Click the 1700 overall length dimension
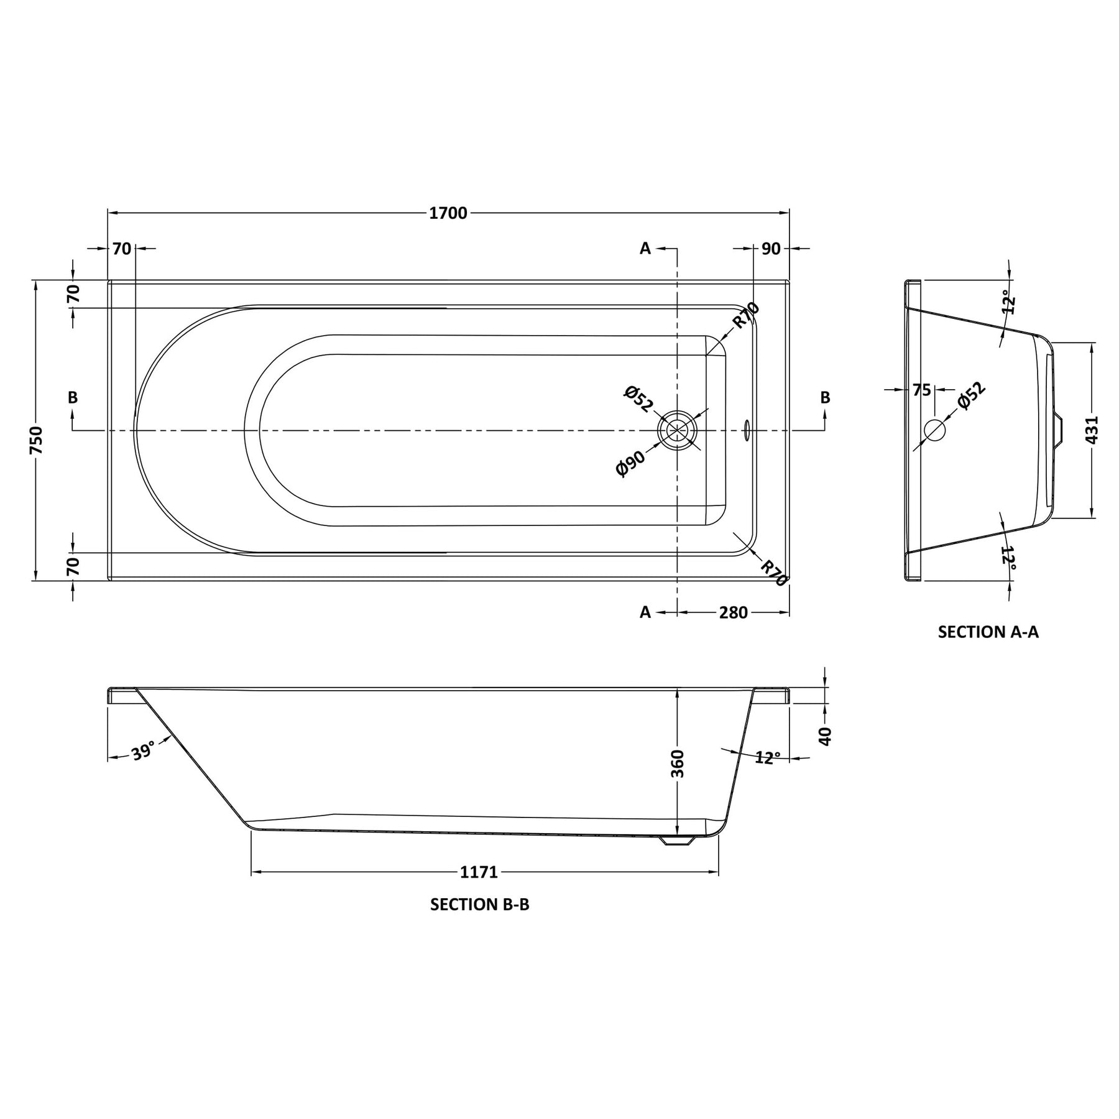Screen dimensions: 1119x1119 [448, 213]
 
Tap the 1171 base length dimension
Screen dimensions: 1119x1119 [479, 872]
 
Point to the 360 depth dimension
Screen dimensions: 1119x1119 [678, 763]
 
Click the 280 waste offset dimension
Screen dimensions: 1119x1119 [733, 612]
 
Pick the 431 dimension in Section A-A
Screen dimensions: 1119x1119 [1092, 430]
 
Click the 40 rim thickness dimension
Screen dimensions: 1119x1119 [825, 736]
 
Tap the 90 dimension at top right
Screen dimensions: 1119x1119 [770, 249]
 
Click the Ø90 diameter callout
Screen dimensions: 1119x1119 [630, 463]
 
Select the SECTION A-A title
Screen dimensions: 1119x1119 [988, 632]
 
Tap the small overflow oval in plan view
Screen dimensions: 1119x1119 [747, 430]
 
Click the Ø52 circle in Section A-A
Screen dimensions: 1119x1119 [934, 430]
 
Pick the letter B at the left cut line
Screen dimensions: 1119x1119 [73, 397]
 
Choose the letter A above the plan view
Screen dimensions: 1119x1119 [645, 249]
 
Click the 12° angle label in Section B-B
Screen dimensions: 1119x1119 [768, 758]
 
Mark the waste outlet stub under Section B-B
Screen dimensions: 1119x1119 [677, 840]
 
